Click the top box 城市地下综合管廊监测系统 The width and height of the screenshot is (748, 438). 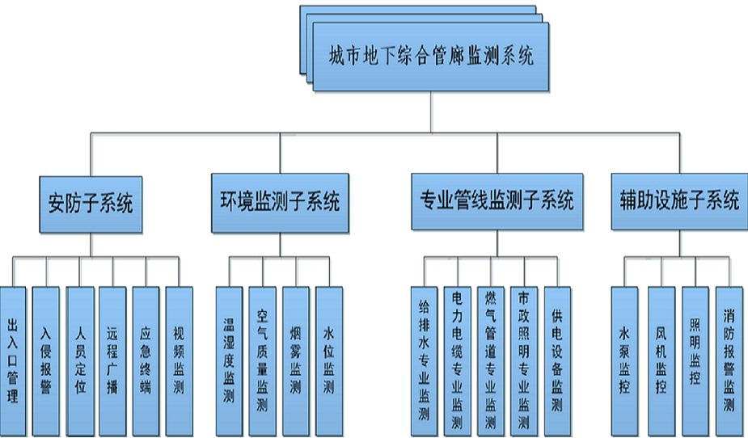(x=430, y=57)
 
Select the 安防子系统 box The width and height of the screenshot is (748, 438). (x=91, y=201)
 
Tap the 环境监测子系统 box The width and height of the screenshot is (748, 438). (x=280, y=201)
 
